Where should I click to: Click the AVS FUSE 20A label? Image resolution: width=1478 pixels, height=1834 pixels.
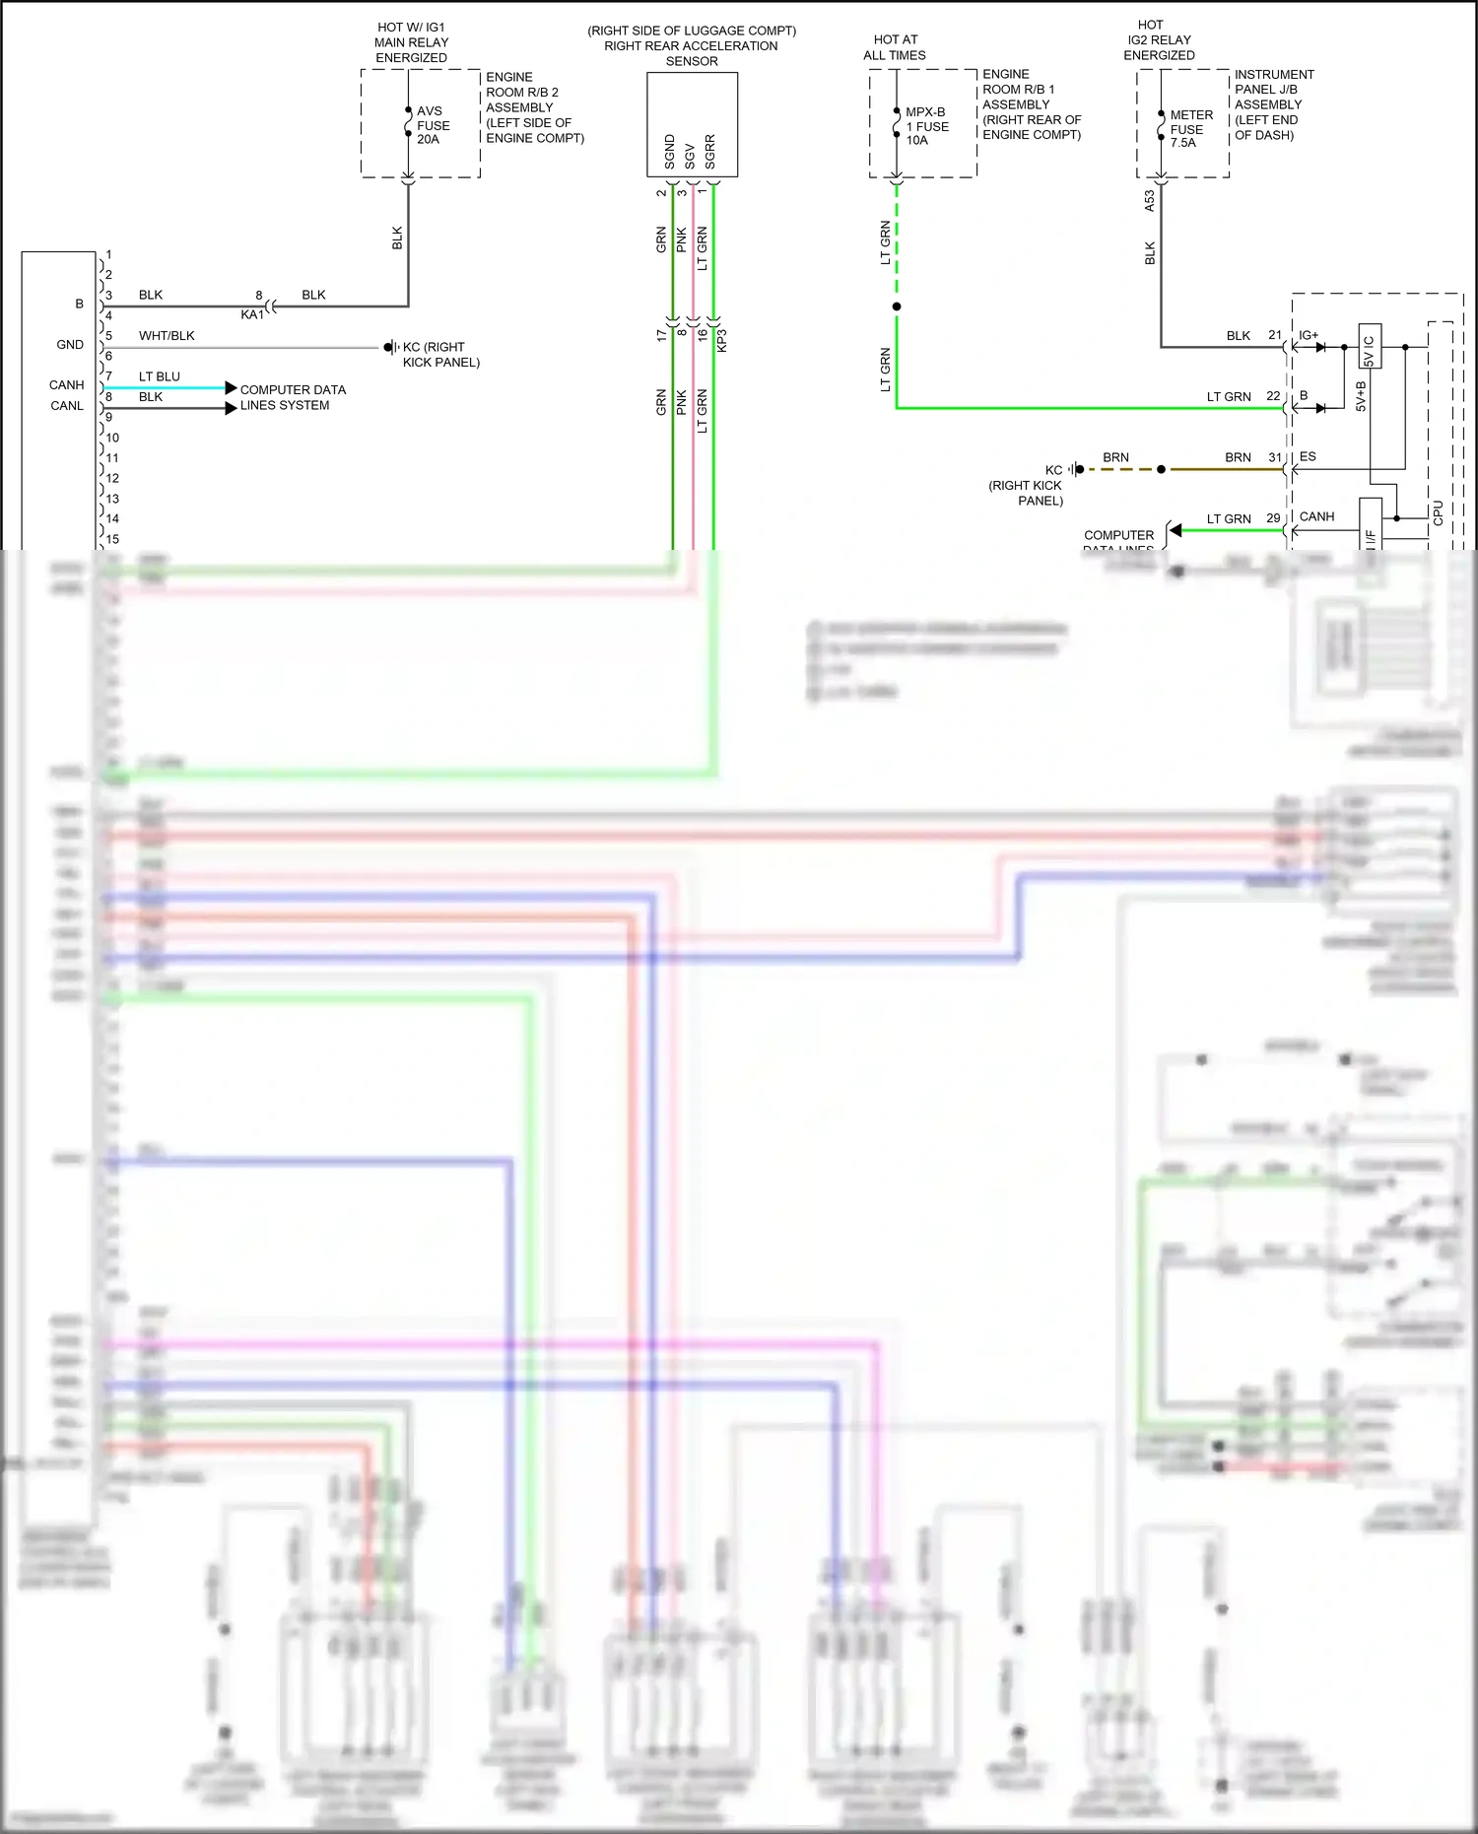[433, 125]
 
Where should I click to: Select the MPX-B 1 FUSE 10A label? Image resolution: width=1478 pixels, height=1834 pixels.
[926, 126]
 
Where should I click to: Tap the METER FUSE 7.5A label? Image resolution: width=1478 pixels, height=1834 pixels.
[1190, 129]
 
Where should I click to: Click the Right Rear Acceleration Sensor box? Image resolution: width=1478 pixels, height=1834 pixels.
[692, 124]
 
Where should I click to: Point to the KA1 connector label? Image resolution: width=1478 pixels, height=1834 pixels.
[252, 314]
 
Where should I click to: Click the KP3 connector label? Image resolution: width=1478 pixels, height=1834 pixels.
[721, 340]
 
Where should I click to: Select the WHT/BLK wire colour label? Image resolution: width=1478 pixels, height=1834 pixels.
[167, 336]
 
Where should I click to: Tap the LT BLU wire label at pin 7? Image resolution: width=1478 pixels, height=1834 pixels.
[160, 376]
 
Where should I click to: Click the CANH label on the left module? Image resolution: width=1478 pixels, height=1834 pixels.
[67, 385]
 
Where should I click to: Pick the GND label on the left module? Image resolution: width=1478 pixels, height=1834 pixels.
[70, 345]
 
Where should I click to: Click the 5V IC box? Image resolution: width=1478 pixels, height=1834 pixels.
[1369, 346]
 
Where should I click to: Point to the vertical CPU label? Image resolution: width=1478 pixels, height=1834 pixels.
[1439, 512]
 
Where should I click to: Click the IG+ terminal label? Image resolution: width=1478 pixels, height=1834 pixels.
[1309, 336]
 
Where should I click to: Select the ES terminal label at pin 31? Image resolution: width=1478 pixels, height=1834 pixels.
[1308, 457]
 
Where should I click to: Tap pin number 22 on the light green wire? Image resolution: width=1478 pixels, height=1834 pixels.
[1273, 396]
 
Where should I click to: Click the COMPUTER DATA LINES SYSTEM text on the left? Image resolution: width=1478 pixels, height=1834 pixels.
[292, 397]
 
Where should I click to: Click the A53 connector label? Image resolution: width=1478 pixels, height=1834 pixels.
[1149, 201]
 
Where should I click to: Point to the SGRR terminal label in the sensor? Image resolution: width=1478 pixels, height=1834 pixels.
[710, 152]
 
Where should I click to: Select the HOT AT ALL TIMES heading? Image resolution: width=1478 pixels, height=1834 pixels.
[895, 47]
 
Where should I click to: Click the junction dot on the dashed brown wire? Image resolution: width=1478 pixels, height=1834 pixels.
[1161, 469]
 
